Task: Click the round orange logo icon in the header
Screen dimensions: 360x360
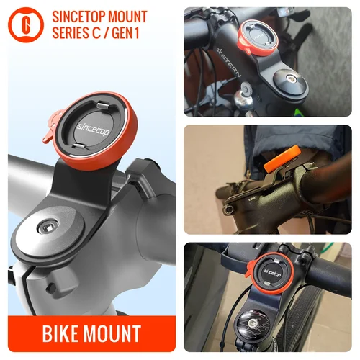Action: tap(25, 24)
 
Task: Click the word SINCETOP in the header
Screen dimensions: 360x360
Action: tap(83, 16)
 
